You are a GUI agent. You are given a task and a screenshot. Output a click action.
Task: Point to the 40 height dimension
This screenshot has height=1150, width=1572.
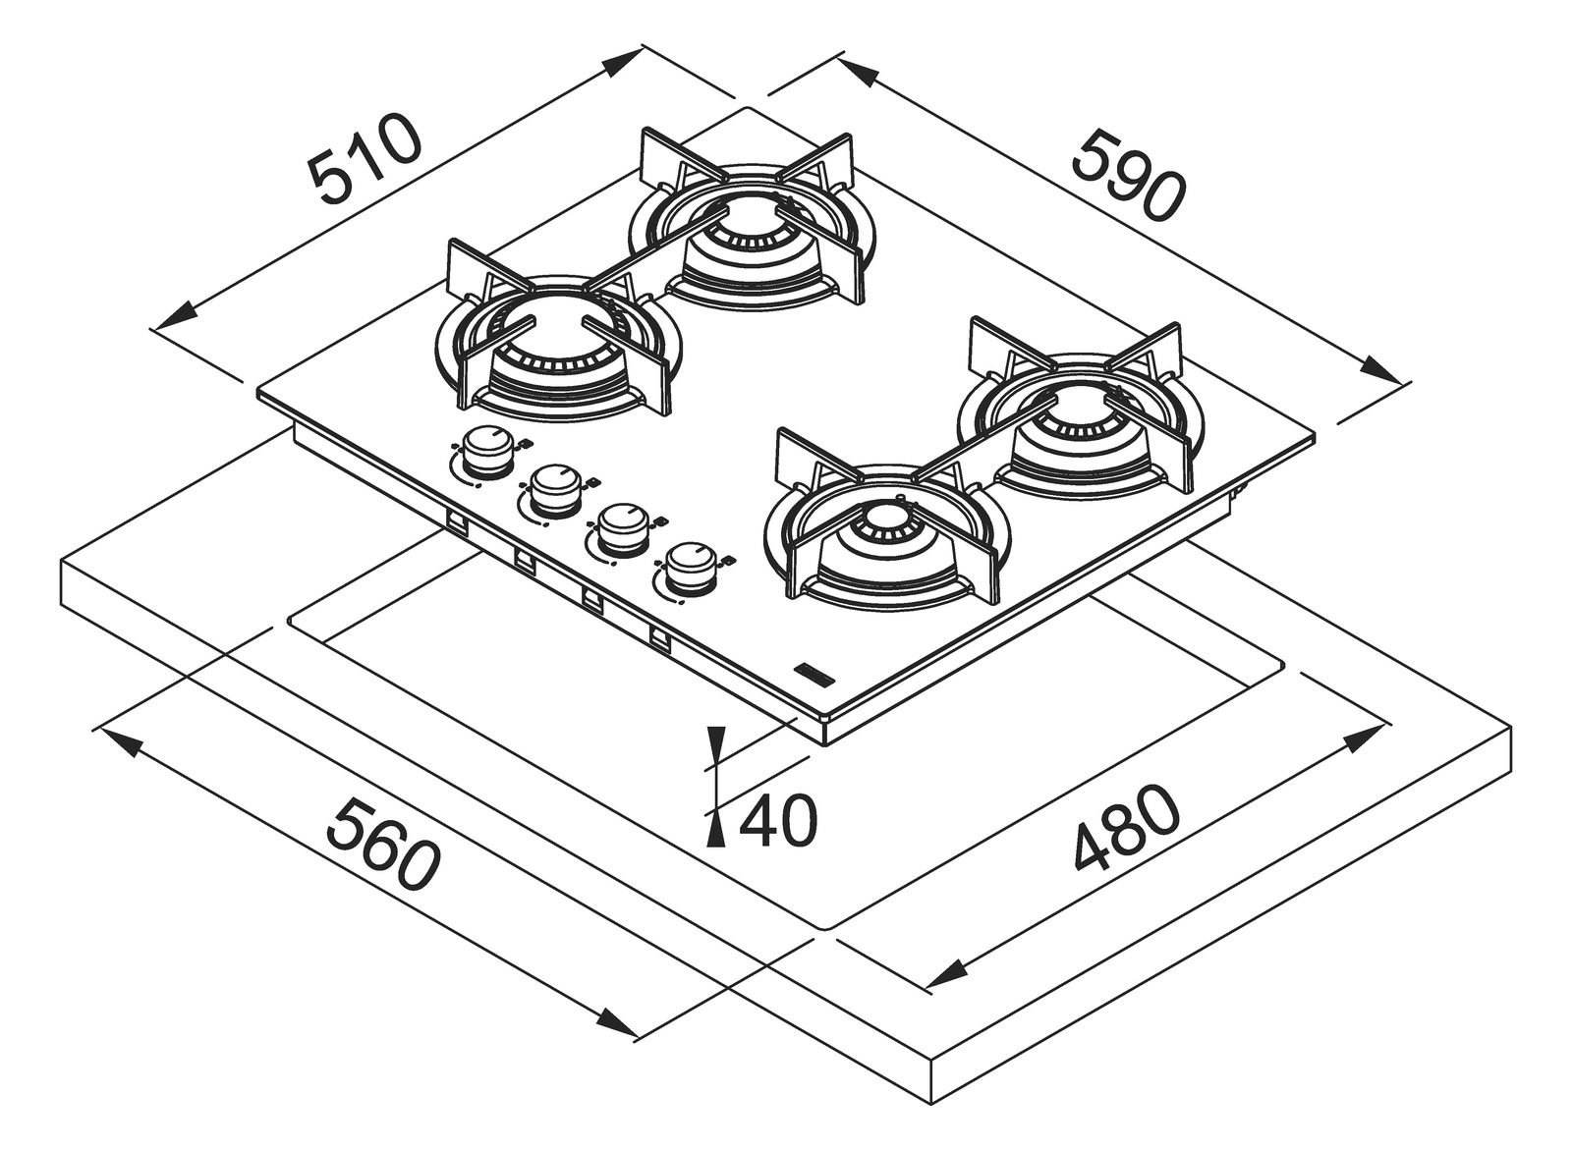(x=776, y=820)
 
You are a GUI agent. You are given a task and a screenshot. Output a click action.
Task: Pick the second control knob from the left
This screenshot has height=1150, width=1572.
(x=552, y=487)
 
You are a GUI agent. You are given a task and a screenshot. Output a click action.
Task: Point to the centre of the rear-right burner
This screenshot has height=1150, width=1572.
(x=1078, y=417)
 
